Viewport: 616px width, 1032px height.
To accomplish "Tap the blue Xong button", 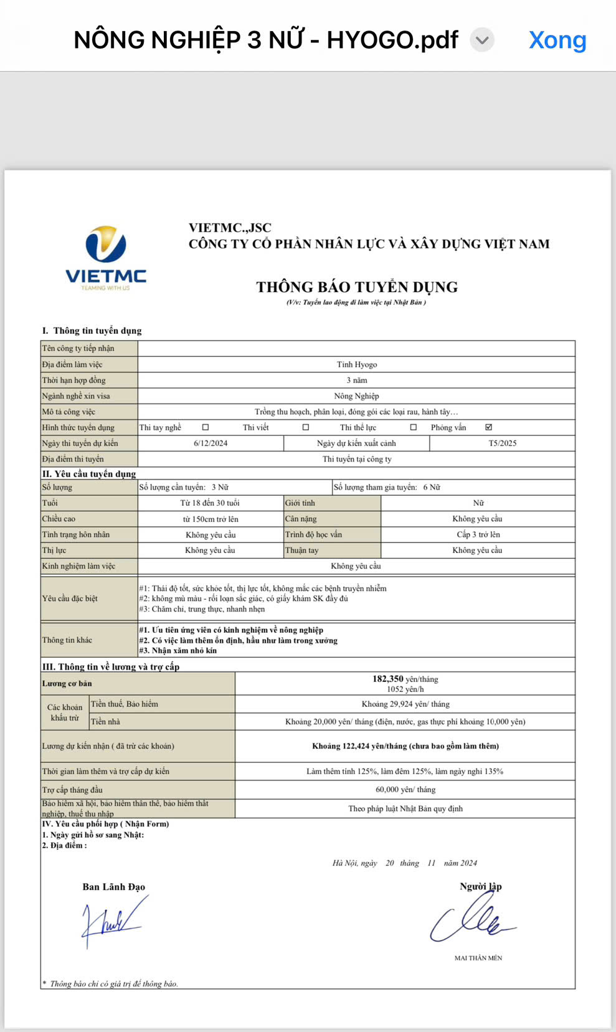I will point(557,40).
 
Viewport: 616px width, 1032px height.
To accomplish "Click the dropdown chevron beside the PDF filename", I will point(481,40).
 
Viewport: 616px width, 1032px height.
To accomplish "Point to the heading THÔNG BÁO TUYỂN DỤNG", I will point(357,287).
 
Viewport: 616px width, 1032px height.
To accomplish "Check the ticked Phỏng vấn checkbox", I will point(488,427).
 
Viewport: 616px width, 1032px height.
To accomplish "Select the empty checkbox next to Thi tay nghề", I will point(206,427).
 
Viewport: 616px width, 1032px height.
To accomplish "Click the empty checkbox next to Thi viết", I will point(305,427).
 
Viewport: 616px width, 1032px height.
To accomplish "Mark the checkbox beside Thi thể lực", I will point(413,427).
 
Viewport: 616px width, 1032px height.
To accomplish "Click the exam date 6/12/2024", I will point(211,443).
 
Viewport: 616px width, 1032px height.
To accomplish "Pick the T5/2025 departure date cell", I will point(502,443).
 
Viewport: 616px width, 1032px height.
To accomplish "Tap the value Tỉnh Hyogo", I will point(357,364).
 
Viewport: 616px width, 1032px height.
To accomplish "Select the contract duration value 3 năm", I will point(357,380).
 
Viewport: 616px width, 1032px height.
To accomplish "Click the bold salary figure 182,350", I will point(387,679).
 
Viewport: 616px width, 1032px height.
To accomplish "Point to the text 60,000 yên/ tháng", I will point(405,789).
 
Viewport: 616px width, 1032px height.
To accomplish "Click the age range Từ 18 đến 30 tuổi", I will point(210,503).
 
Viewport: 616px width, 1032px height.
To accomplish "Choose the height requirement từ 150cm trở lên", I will point(211,519).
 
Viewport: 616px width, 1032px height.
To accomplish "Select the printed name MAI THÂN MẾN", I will point(478,958).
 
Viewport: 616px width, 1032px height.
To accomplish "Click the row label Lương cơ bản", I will point(67,683).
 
